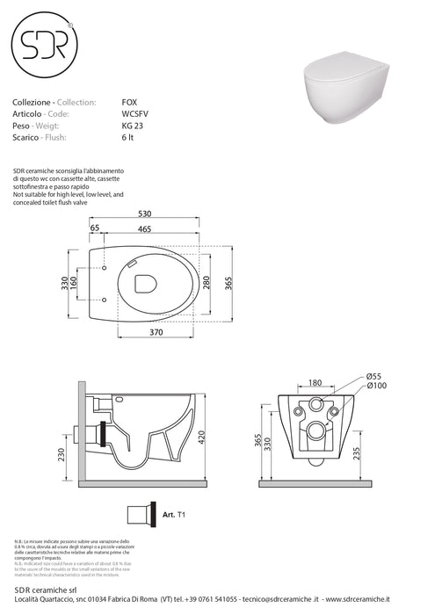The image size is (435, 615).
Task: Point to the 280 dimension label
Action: (x=205, y=283)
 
